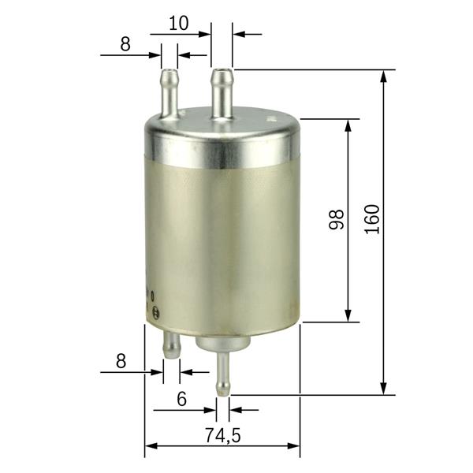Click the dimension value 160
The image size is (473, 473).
[372, 218]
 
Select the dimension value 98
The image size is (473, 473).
[337, 219]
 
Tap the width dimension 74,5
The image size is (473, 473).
[222, 432]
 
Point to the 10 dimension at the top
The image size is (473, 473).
[179, 23]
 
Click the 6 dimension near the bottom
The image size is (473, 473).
[181, 399]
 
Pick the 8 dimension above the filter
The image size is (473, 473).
[125, 44]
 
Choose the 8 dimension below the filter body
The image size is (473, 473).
[121, 361]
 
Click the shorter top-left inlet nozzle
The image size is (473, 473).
[169, 91]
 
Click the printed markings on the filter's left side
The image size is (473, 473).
[154, 303]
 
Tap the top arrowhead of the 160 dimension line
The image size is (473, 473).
[384, 75]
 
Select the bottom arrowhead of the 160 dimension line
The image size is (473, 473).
[384, 389]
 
